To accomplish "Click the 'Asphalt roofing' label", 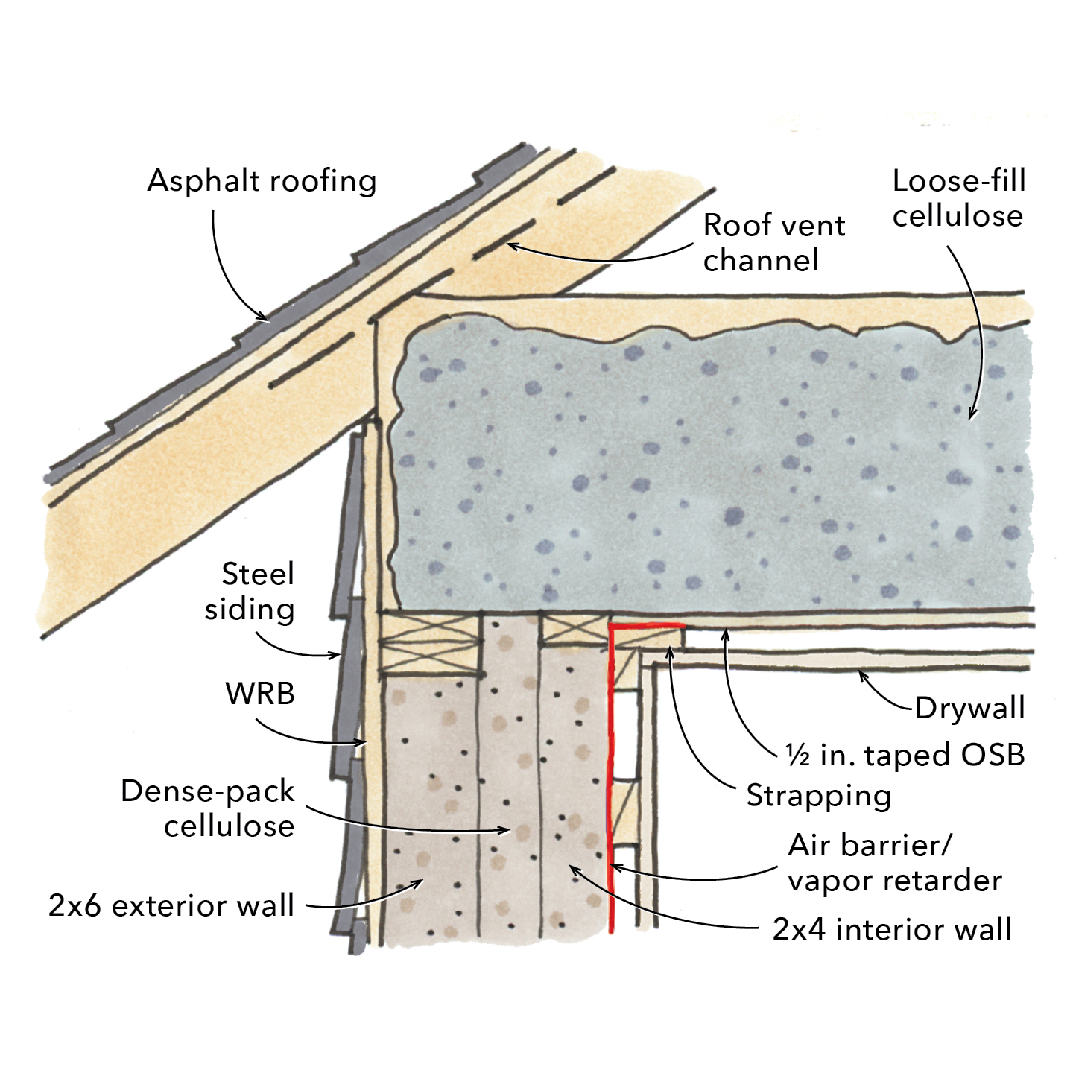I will pos(262,181).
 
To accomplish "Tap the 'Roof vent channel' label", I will pos(773,242).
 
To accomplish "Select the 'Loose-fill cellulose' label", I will pos(958,198).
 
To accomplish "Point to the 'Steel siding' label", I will pos(250,592).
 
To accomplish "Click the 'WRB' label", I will pos(260,694).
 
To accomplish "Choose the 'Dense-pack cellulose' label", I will pos(208,808).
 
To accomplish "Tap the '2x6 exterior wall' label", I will pos(171,905).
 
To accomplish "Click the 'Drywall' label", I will pos(969,708).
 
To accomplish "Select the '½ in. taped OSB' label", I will pos(905,755).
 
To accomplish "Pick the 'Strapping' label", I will pos(818,795).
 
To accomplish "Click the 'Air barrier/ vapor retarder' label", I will pos(894,863).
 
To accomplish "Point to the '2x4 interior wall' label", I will pos(892,929).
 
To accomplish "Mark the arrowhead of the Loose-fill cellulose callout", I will pos(971,419).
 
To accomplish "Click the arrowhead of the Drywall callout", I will pos(861,673).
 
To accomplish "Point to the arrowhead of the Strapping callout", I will pos(670,650).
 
